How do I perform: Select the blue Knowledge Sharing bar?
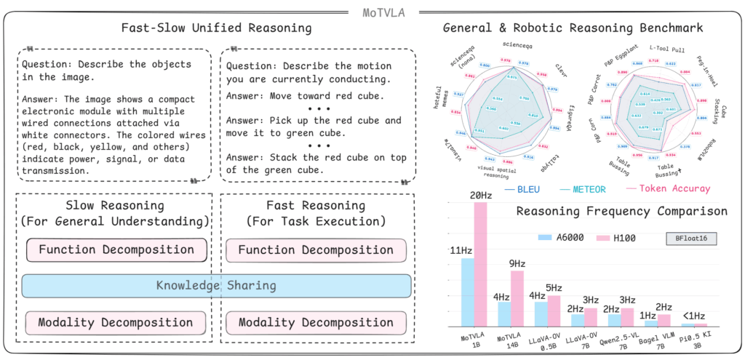coord(216,286)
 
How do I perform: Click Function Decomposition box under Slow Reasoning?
coord(116,250)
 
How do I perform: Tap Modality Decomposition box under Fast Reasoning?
coord(315,322)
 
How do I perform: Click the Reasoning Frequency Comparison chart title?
coord(621,212)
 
